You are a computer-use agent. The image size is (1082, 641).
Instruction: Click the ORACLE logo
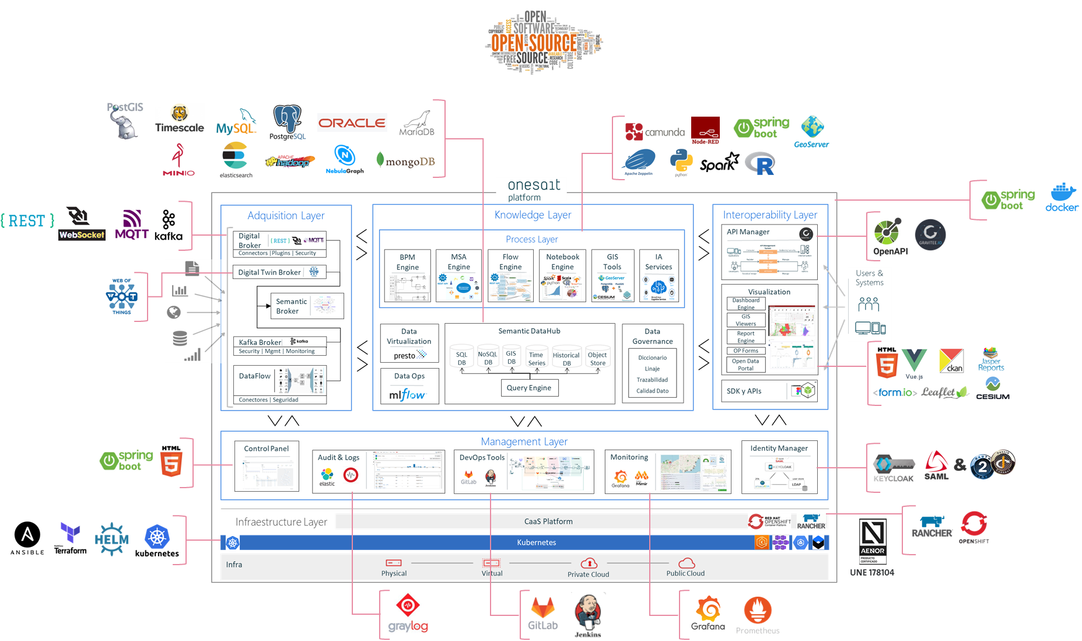click(352, 123)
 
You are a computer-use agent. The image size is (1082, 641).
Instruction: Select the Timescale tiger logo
click(180, 118)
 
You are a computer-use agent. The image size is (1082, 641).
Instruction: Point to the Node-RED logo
click(705, 131)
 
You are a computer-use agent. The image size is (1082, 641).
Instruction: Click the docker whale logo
click(1062, 197)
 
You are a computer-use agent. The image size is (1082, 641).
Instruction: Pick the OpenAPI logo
click(890, 237)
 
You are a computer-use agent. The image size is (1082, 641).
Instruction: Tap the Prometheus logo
click(758, 615)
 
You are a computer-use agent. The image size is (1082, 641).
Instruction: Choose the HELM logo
click(111, 539)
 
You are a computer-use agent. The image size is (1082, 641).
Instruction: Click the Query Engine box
click(528, 388)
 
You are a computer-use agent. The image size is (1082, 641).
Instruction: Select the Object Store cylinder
click(597, 358)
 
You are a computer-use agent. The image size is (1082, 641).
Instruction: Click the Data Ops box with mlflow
click(409, 386)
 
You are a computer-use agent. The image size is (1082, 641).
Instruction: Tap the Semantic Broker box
click(307, 306)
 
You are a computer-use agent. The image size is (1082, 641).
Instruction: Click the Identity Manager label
click(779, 448)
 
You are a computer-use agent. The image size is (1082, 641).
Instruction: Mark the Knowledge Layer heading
click(533, 215)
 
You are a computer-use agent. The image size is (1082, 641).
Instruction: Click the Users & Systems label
click(869, 278)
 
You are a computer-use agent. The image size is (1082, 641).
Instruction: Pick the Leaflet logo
click(945, 393)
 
